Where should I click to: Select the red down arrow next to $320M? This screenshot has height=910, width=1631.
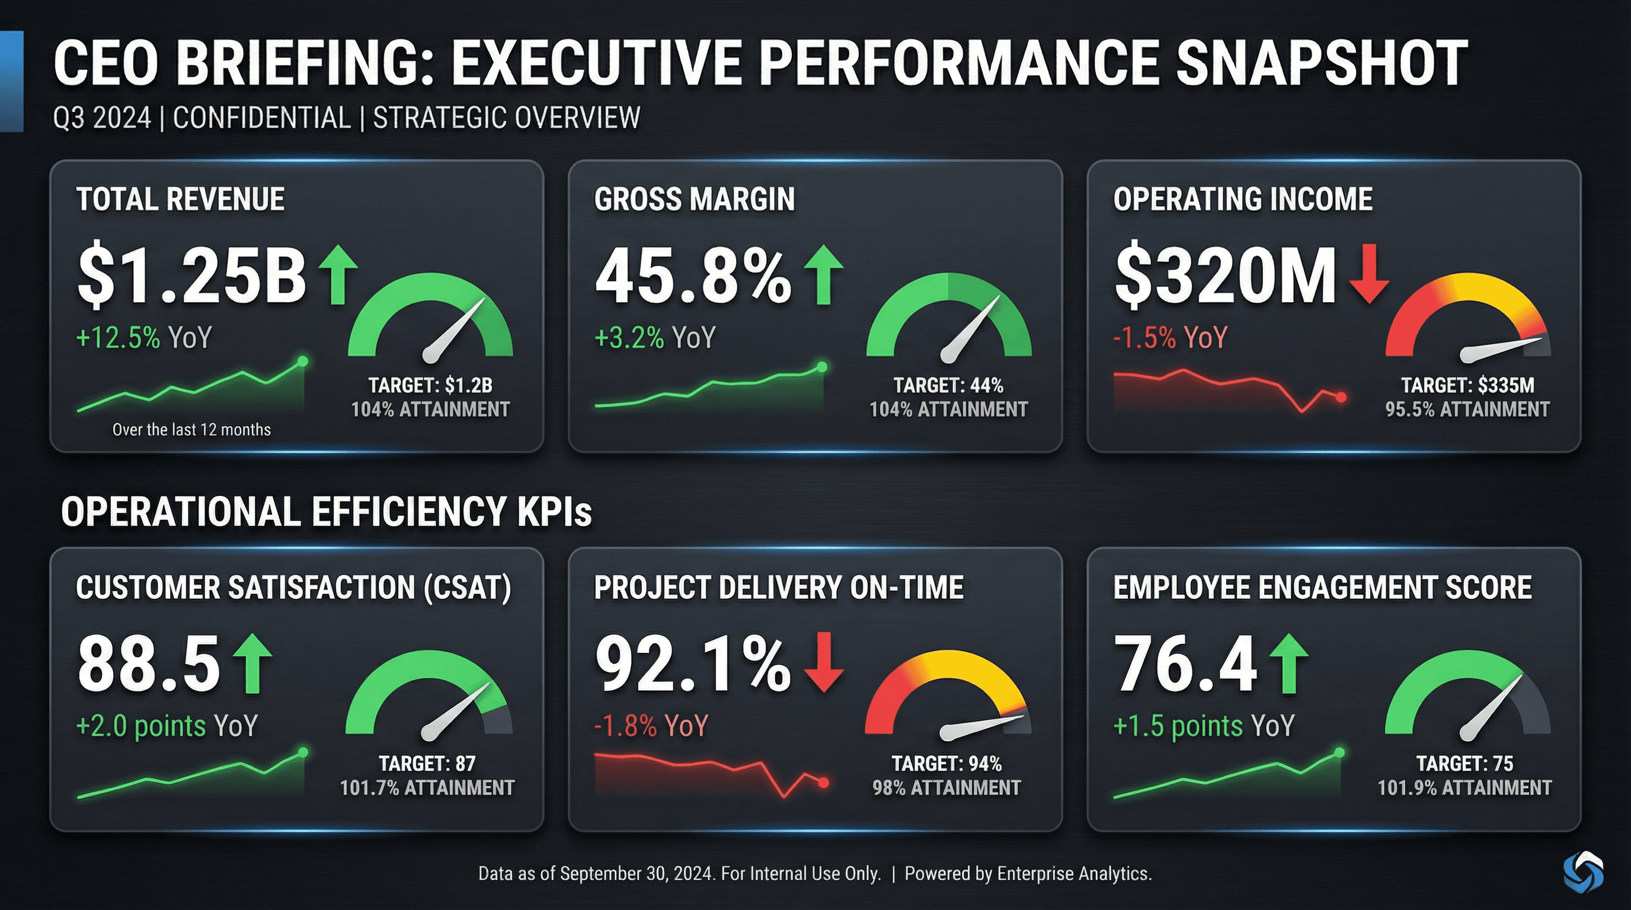[1369, 273]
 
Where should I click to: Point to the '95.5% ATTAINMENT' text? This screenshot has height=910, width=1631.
[1467, 409]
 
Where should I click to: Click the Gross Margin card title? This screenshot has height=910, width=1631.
[694, 199]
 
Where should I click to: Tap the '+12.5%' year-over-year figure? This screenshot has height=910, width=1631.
[118, 337]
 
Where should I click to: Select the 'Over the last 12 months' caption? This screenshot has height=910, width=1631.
[191, 430]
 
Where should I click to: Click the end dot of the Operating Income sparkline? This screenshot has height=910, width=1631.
[1341, 398]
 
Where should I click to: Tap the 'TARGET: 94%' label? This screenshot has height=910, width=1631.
[946, 764]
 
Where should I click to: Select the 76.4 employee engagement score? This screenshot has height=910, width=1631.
[1185, 665]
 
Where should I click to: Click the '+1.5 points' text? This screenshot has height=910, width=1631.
[1177, 726]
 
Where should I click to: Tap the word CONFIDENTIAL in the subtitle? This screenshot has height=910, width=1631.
[261, 118]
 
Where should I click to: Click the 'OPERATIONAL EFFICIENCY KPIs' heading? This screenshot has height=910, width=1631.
[326, 511]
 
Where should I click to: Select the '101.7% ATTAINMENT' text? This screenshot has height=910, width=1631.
[427, 788]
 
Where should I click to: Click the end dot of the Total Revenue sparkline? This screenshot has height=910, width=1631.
[303, 361]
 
